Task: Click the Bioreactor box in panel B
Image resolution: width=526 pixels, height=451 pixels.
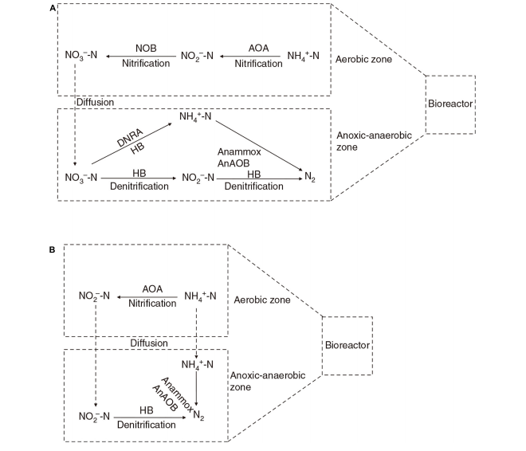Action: point(347,346)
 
